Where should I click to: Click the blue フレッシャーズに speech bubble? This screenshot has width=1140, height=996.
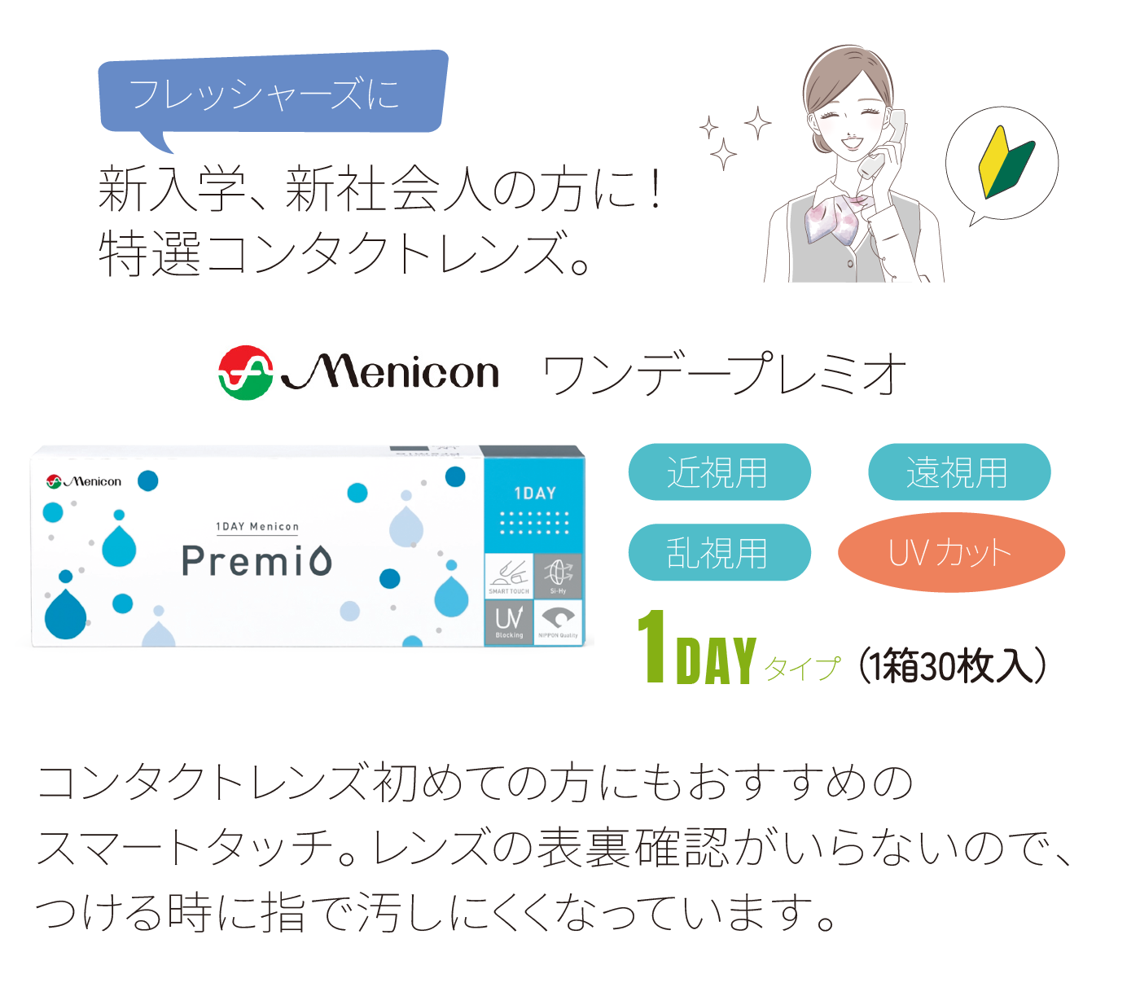coord(272,93)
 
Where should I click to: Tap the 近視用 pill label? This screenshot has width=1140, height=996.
coord(719,472)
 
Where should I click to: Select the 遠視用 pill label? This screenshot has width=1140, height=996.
coord(959,472)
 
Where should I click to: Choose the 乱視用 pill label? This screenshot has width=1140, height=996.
coord(719,552)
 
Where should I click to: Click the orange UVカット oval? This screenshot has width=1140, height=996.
coord(951,552)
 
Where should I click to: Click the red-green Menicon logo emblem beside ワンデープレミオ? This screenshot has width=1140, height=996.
coord(245,373)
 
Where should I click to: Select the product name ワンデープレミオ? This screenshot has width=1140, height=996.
coord(724,375)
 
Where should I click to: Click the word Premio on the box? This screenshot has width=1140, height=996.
coord(256,561)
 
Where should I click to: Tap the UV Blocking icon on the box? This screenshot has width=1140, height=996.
coord(509,622)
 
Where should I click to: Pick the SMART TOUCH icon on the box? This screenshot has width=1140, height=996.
coord(509,575)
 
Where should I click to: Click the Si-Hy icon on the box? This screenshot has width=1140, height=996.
coord(558,575)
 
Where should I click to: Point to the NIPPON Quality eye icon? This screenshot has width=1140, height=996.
coord(558,622)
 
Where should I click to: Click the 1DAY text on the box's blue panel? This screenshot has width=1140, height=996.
coord(535,494)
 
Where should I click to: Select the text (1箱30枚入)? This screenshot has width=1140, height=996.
coord(952,666)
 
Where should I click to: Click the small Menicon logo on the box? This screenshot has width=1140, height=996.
coord(84,481)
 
